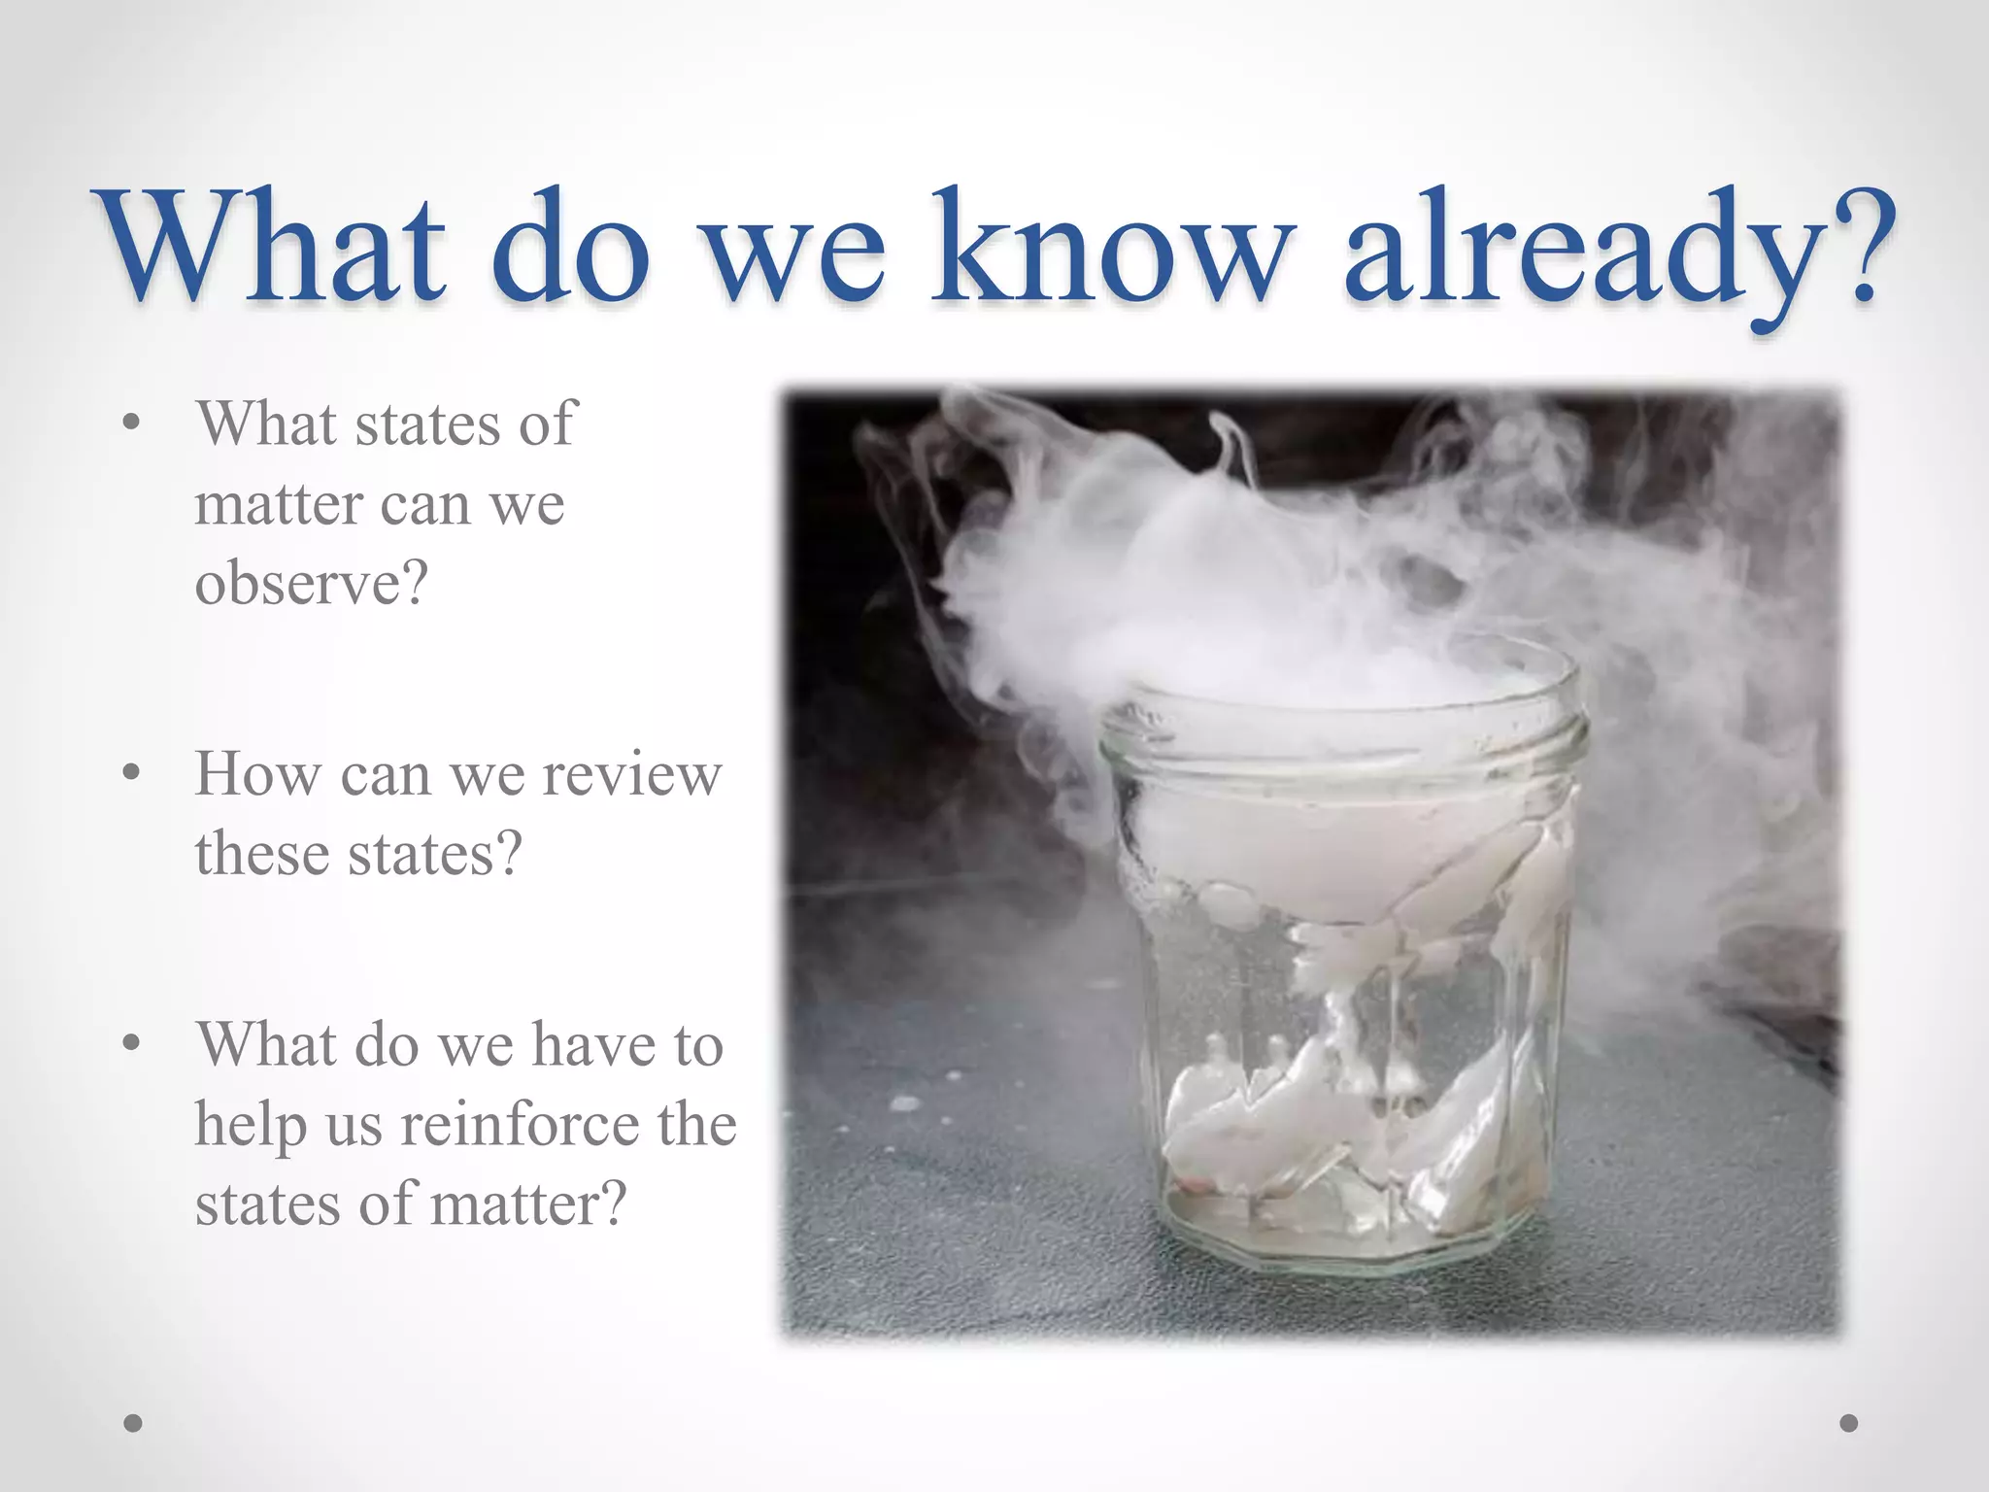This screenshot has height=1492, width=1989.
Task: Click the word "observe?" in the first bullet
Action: (x=311, y=584)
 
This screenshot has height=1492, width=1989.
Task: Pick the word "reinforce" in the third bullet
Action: (x=519, y=1125)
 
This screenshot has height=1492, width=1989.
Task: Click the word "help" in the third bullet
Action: (x=251, y=1125)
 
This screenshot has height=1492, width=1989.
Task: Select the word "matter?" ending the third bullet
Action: (x=528, y=1204)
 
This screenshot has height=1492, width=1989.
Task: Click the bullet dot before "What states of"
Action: (x=133, y=424)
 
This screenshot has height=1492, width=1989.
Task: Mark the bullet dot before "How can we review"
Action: (x=133, y=774)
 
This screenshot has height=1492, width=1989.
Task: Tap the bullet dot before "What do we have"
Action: (x=133, y=1044)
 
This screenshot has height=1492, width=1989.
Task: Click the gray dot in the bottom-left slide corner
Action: (x=133, y=1423)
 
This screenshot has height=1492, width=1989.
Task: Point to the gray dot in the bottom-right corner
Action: (x=1849, y=1423)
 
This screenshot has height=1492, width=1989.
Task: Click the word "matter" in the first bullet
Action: (x=278, y=505)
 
